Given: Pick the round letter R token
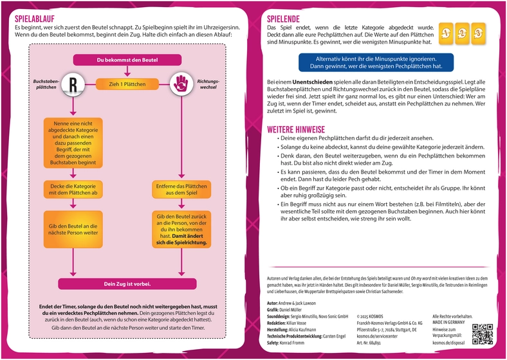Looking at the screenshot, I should point(73,84).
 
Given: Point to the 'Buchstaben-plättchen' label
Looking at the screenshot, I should point(46,85).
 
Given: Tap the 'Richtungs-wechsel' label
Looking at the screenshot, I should point(208,85).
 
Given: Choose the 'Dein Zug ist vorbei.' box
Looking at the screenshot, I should point(127,283).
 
